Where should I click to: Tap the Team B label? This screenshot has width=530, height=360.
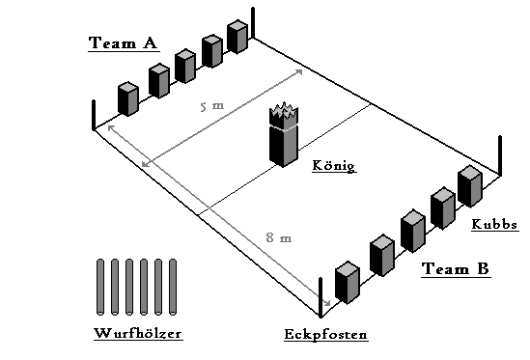[456, 270]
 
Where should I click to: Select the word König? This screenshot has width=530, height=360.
[334, 166]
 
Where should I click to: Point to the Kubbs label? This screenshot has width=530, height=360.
[494, 225]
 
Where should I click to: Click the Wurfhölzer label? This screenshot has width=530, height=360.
[138, 335]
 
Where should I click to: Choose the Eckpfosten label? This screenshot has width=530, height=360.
[325, 336]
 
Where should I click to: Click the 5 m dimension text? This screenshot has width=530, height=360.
[209, 106]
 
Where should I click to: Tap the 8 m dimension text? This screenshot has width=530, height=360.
[278, 237]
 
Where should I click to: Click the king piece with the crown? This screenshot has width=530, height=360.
[284, 140]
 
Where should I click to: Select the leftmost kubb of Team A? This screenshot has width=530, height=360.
[128, 98]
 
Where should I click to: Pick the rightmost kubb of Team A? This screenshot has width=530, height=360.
[237, 38]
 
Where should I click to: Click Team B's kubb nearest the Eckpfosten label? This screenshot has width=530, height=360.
[347, 282]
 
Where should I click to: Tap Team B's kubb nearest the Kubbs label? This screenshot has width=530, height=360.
[469, 186]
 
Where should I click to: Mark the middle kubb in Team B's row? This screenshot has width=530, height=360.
[412, 230]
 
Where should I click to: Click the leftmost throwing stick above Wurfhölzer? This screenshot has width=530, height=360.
[101, 286]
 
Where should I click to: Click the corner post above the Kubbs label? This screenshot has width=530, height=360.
[501, 155]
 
